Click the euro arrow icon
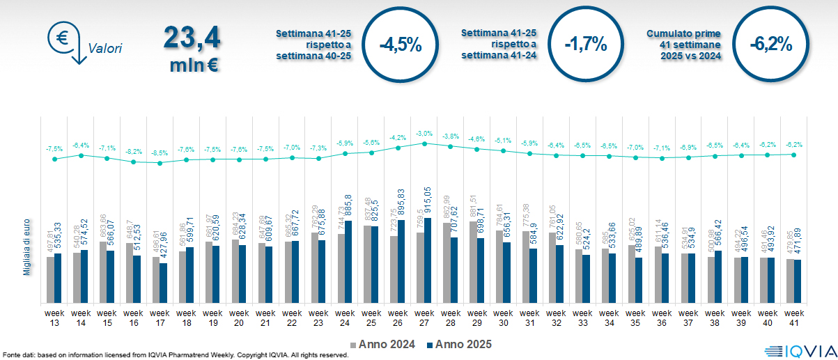(x=66, y=42)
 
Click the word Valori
(x=105, y=49)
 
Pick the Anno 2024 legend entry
(x=385, y=344)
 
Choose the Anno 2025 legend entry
(x=460, y=344)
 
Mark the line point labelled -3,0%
(x=424, y=143)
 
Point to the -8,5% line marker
(x=160, y=163)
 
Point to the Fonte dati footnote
(x=174, y=355)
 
